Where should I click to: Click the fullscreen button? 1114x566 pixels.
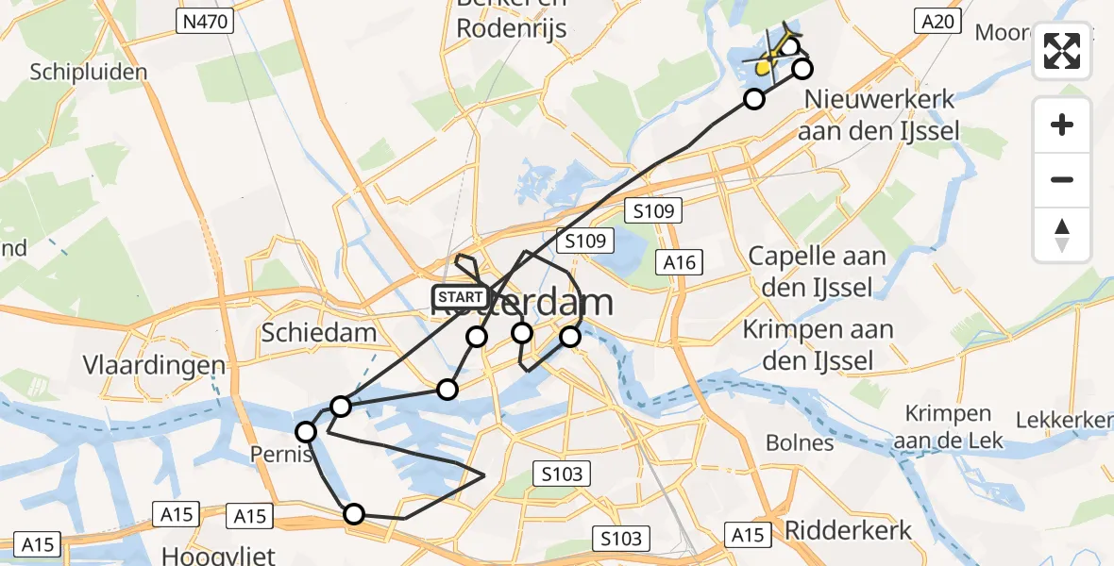pyautogui.click(x=1062, y=51)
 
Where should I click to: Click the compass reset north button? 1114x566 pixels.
pyautogui.click(x=1062, y=235)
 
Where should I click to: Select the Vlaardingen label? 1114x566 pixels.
pyautogui.click(x=154, y=366)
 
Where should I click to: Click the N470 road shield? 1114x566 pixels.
pyautogui.click(x=206, y=21)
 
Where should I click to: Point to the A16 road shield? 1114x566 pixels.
pyautogui.click(x=680, y=261)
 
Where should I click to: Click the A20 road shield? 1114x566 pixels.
pyautogui.click(x=937, y=21)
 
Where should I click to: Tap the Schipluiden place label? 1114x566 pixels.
pyautogui.click(x=89, y=73)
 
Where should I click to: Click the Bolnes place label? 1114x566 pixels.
pyautogui.click(x=800, y=442)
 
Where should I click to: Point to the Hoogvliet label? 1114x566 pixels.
pyautogui.click(x=206, y=554)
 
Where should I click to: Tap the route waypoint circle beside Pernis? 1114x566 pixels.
pyautogui.click(x=306, y=432)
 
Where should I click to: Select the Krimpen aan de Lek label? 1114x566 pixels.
pyautogui.click(x=948, y=426)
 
